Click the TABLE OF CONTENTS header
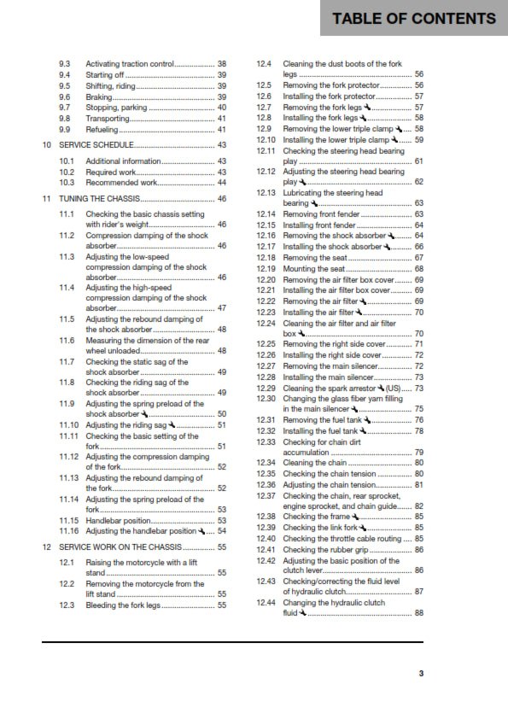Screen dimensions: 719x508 pyautogui.click(x=413, y=18)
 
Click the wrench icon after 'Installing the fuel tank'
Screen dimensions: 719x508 pyautogui.click(x=367, y=431)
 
